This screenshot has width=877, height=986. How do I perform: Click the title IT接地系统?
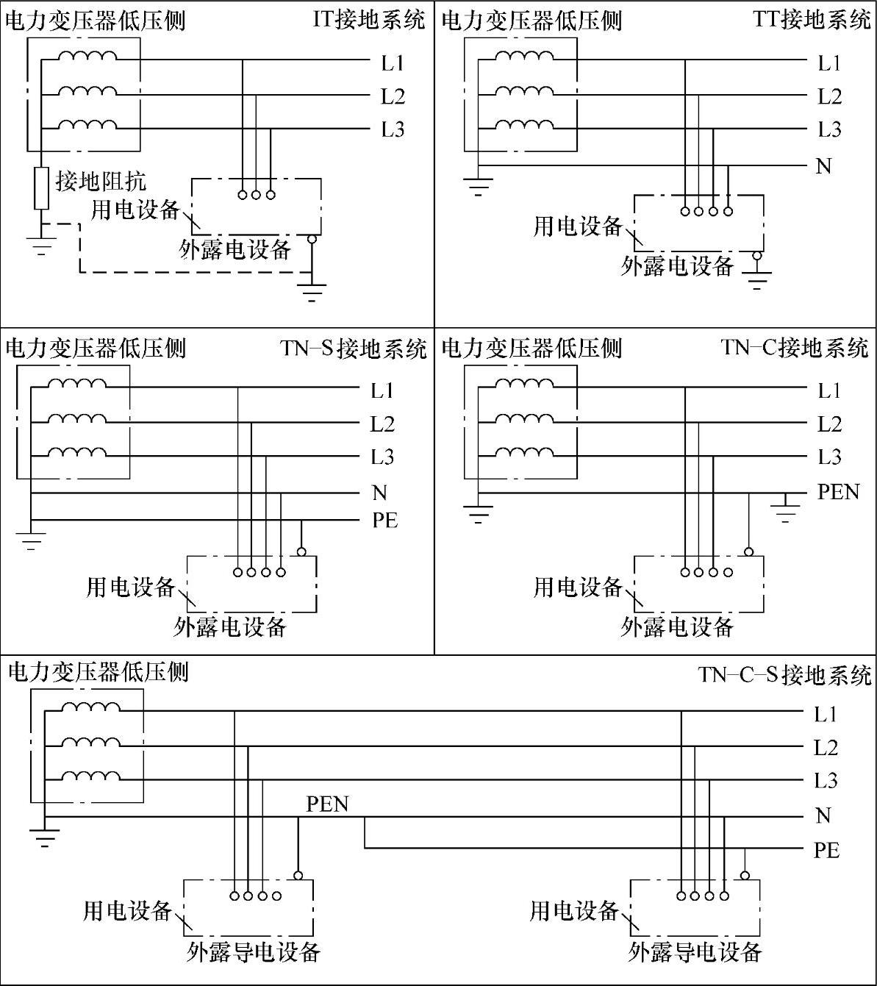pos(369,19)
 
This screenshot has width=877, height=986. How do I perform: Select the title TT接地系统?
pos(812,19)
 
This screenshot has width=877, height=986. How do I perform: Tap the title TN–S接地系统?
pos(353,347)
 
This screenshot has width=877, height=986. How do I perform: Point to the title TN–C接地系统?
pos(795,347)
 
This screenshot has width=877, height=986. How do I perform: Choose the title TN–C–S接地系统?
pos(784,674)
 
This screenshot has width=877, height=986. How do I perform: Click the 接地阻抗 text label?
pos(101,180)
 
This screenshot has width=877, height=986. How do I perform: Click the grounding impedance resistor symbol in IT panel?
pos(42,190)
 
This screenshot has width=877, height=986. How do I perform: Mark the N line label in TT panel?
pos(824,166)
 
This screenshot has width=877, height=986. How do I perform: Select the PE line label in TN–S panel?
pos(384,521)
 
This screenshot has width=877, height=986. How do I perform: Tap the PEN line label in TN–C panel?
pos(838,491)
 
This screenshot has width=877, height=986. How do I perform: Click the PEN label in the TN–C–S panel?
pos(327,804)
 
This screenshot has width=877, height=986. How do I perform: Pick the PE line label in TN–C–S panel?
pos(826,850)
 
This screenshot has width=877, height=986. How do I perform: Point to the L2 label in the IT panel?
pos(393,96)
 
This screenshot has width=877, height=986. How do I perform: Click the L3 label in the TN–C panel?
pos(829,457)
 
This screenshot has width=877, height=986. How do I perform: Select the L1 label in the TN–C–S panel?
pos(826,713)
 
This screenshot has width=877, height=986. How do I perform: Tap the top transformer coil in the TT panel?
pos(524,57)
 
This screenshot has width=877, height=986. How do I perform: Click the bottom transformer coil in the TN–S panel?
pos(77,451)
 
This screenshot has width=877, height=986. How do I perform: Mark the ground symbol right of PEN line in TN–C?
pos(786,510)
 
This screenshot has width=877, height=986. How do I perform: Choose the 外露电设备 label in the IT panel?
pos(235,250)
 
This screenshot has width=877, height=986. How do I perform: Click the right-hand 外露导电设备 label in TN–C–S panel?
pos(695,952)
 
